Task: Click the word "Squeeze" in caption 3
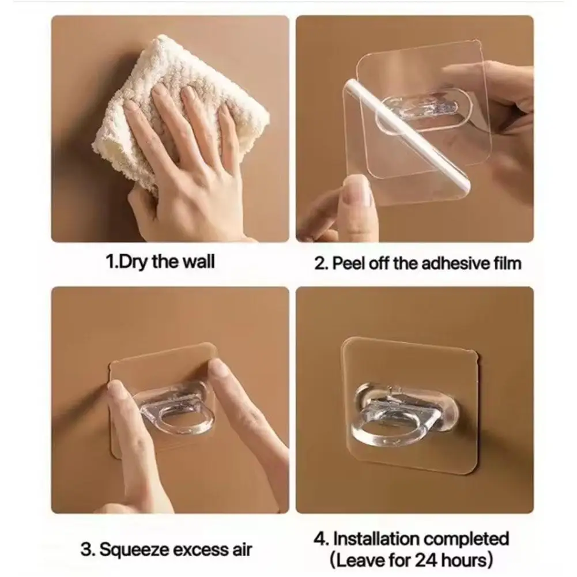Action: (132, 549)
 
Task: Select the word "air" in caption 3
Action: (240, 549)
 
